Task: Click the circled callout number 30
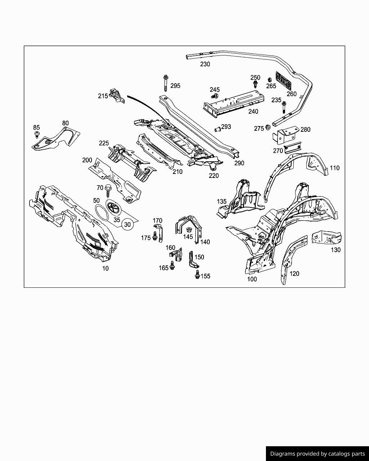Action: [127, 224]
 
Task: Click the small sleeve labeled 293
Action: [217, 128]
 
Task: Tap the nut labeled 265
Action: [269, 80]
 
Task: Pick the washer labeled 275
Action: [268, 127]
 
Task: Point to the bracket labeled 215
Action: [117, 95]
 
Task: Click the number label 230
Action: [205, 64]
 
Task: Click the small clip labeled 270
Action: [293, 147]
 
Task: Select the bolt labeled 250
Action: [255, 84]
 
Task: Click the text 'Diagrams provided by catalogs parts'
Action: [317, 454]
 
